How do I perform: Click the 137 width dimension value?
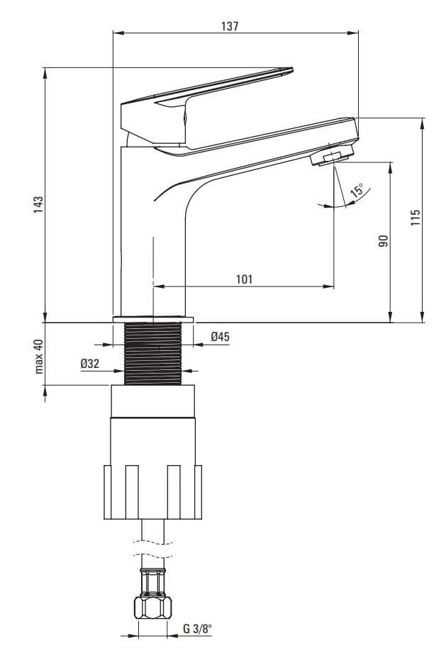coord(230,26)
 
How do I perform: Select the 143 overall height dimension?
coord(38,205)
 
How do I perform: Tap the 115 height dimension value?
coord(415,218)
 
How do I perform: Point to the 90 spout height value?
coord(384,241)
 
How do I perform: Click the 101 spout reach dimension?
coord(245,279)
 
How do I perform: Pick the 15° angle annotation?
coord(357,191)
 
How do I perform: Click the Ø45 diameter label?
coord(221,336)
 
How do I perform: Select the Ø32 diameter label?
coord(90,364)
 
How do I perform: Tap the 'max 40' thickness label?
coord(38,357)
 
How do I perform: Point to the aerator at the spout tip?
coord(331,155)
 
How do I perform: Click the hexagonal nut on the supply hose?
coord(153,608)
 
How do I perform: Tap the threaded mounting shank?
coord(153,354)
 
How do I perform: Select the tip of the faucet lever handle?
coord(291,69)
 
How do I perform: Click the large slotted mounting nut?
coord(153,492)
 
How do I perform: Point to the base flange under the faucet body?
coord(153,320)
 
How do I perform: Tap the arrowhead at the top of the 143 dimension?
coord(45,72)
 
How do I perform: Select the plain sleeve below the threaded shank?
coord(153,401)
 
